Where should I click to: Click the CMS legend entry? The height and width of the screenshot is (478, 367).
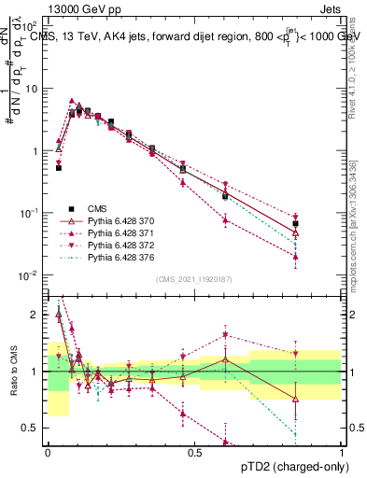[104, 209]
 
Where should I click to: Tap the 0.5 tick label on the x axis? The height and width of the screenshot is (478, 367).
[194, 453]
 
